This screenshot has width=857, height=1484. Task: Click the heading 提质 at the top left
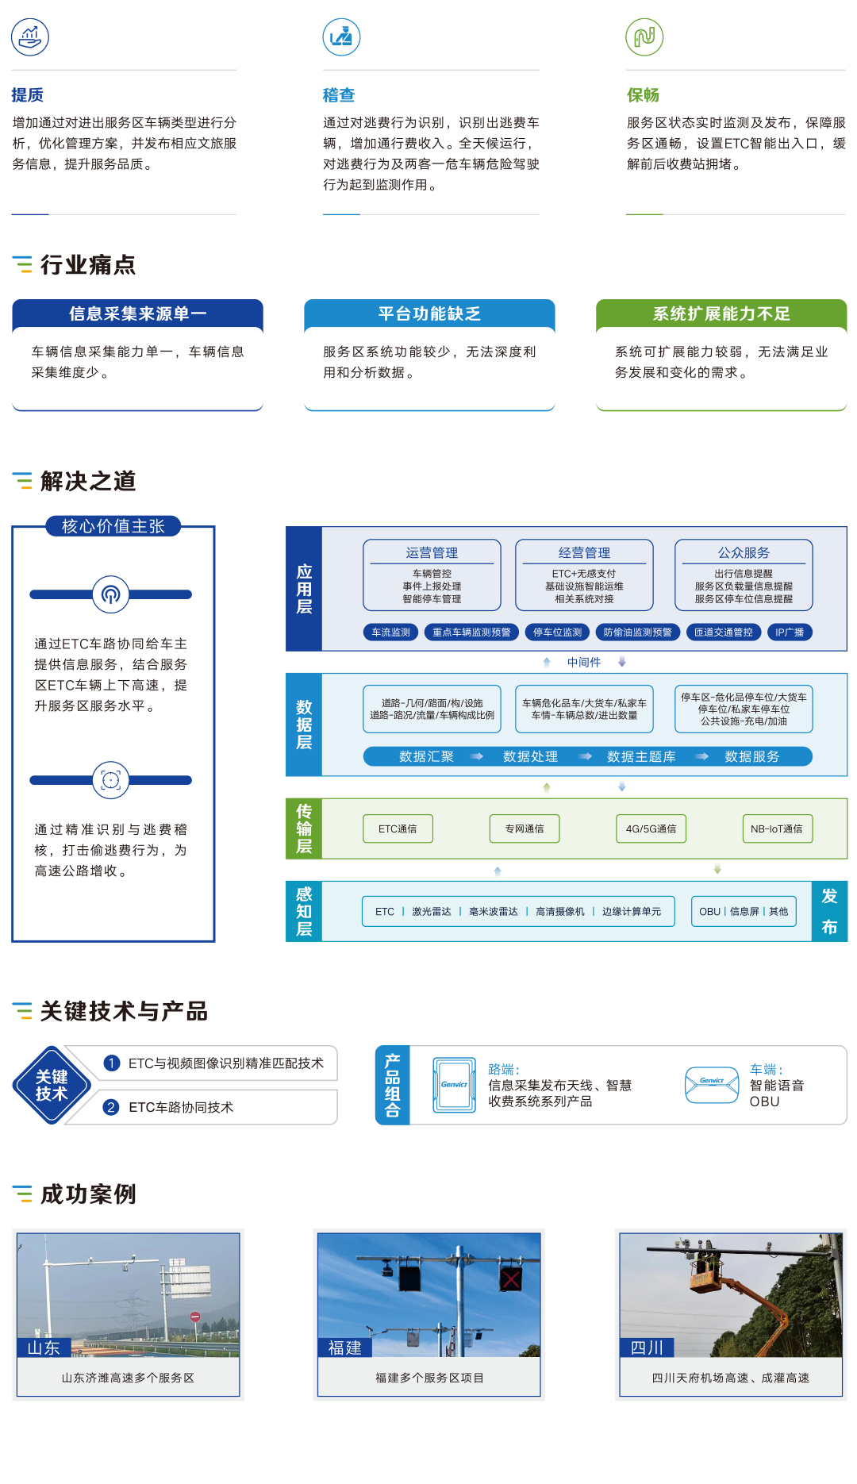click(28, 95)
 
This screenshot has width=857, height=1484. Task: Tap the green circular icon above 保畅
click(644, 37)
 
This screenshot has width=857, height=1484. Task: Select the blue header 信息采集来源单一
click(137, 313)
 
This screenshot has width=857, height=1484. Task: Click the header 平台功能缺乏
click(429, 313)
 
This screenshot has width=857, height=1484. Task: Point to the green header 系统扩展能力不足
click(721, 313)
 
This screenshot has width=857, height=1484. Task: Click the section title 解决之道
click(88, 481)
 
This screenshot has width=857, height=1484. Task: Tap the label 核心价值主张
click(113, 526)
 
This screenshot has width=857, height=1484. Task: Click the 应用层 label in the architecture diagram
click(304, 589)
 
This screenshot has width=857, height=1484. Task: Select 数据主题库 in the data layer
click(641, 756)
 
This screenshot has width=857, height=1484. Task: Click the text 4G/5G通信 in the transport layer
click(651, 829)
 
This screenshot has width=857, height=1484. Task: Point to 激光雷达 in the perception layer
click(432, 912)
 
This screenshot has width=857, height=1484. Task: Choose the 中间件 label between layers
click(584, 662)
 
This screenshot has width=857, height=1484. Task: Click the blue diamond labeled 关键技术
click(52, 1085)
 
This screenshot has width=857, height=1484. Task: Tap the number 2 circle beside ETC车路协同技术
click(111, 1107)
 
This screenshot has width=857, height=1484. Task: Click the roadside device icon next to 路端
click(454, 1085)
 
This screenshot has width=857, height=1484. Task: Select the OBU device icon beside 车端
click(712, 1085)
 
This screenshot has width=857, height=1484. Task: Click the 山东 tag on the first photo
click(44, 1348)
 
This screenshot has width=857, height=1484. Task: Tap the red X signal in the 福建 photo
click(510, 1278)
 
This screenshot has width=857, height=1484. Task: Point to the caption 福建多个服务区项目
click(429, 1378)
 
